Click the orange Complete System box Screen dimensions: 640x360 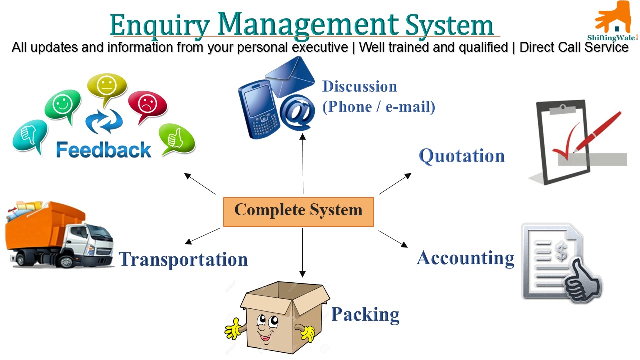point(298,212)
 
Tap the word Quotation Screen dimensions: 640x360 point(462,156)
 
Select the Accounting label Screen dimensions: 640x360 point(465,258)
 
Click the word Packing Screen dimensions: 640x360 point(365,315)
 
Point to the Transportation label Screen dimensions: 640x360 point(183,259)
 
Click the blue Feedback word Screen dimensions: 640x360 point(103,150)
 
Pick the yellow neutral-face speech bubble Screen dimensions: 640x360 point(107,87)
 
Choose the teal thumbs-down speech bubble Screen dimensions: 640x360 point(30,136)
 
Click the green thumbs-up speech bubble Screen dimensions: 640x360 point(177,139)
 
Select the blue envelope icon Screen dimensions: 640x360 point(290,76)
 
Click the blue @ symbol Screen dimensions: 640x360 point(297,112)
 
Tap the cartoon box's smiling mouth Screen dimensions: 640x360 point(265,336)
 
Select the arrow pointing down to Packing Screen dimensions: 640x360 point(303,253)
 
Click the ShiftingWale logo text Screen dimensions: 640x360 point(611,38)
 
